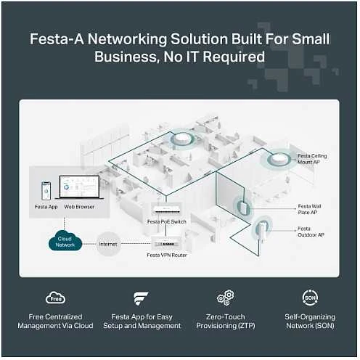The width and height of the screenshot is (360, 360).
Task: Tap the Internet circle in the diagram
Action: tap(108, 244)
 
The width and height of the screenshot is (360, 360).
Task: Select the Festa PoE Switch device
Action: tap(166, 210)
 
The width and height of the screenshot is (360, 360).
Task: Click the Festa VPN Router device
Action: tap(165, 243)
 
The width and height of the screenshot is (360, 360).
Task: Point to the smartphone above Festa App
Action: tap(46, 191)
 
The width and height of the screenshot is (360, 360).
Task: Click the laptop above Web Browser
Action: tap(79, 188)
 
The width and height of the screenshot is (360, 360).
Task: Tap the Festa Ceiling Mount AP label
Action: tap(312, 159)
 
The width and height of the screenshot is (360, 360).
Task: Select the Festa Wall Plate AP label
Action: tap(309, 209)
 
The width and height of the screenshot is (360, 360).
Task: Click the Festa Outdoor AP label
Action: tap(311, 232)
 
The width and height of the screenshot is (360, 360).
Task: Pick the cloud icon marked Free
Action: tap(55, 298)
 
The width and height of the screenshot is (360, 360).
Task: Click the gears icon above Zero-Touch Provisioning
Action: tap(226, 298)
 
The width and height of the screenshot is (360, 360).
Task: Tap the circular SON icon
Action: tap(310, 298)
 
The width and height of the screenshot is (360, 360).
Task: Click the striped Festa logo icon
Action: tap(141, 298)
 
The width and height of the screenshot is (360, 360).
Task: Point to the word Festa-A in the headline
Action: tap(57, 39)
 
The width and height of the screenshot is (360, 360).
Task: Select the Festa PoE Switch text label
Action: tap(167, 221)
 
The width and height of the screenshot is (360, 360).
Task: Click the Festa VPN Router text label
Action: tap(167, 255)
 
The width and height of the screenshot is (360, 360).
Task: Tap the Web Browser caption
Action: tap(79, 207)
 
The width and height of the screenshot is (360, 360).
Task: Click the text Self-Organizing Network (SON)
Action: tap(310, 322)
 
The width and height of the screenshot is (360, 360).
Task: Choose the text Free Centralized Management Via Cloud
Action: tap(55, 322)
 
